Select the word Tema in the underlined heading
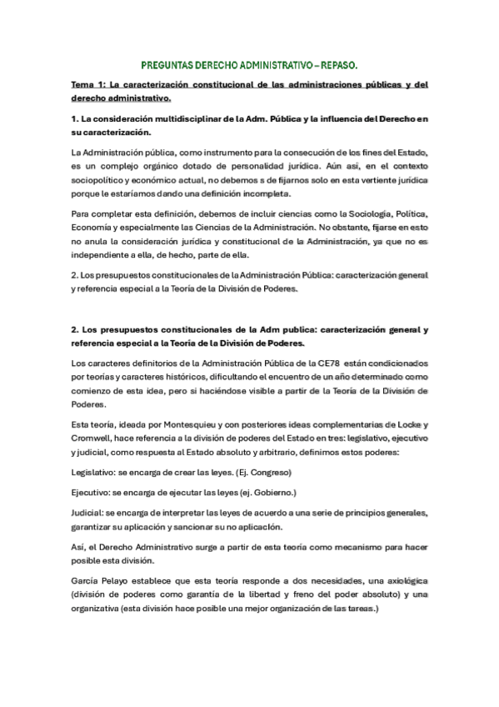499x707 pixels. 82,85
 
